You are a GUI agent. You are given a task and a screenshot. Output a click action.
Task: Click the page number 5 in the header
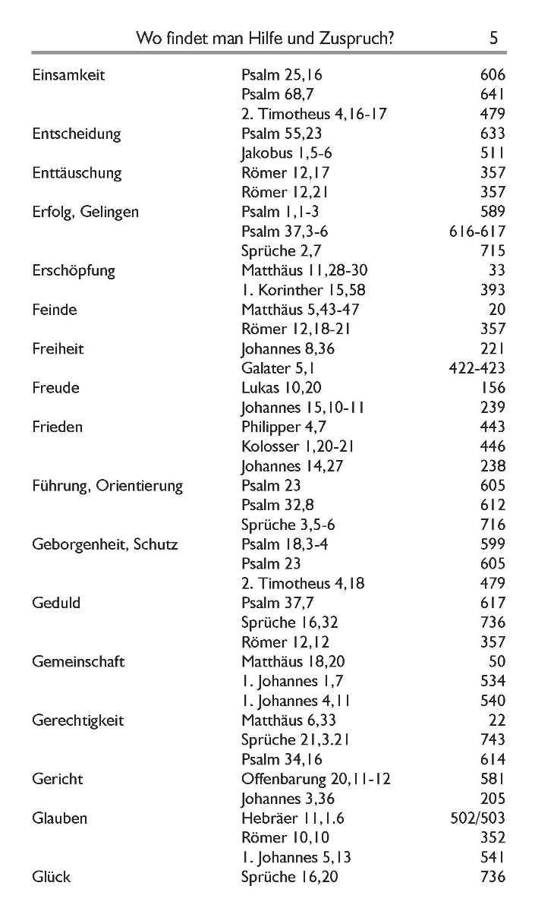(493, 38)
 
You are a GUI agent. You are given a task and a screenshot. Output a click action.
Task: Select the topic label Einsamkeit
(68, 74)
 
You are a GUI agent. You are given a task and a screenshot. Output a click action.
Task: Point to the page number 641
(493, 94)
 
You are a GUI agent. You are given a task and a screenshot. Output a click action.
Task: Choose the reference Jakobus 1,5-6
(287, 153)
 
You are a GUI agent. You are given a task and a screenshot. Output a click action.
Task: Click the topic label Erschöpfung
(74, 270)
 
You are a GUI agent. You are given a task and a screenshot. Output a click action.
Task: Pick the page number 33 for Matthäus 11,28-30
(497, 270)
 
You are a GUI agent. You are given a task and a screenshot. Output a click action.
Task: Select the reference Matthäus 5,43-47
(301, 310)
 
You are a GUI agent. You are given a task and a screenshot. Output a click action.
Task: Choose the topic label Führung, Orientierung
(108, 486)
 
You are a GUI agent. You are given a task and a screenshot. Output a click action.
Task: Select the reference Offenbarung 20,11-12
(316, 779)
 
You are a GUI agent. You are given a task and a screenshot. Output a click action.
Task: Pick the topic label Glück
(52, 877)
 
